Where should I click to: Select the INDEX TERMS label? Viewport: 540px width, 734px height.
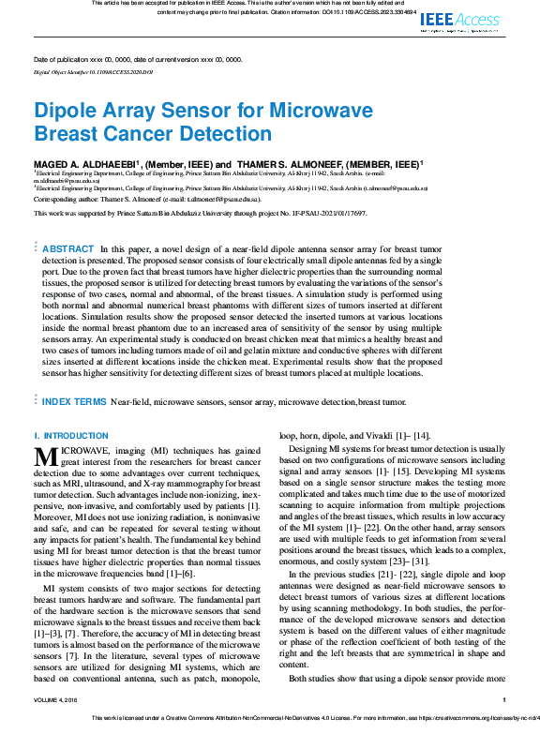[x=74, y=401]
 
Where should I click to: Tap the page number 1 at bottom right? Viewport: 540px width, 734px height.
[x=503, y=699]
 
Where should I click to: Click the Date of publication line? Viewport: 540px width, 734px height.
[x=137, y=59]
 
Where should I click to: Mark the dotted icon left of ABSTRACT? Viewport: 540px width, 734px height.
[x=36, y=247]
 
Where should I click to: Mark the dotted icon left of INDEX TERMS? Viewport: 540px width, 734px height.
[x=36, y=401]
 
